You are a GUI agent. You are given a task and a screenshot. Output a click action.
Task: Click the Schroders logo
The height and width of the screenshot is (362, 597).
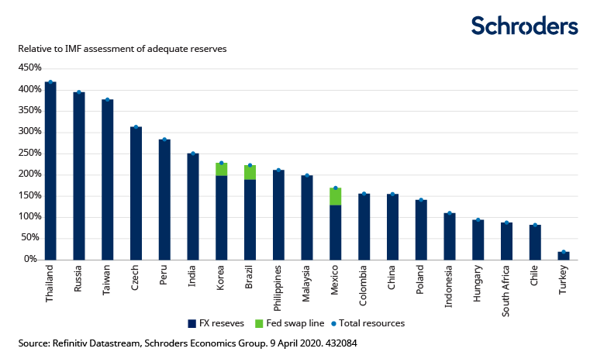pos(525,26)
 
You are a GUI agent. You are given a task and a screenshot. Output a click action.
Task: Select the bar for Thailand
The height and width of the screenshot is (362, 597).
pos(50,171)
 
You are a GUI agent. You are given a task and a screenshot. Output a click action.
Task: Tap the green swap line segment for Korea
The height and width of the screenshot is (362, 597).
pos(221,169)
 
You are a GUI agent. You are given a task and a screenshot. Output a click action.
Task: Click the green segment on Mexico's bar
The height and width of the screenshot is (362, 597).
pos(335,196)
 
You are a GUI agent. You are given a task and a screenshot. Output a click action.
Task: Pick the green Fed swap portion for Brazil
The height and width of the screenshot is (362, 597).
pos(250,172)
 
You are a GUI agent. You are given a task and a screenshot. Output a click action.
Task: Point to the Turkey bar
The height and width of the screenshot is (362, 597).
pos(563,255)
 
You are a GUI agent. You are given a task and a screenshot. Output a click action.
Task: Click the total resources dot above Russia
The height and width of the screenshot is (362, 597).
pos(78,92)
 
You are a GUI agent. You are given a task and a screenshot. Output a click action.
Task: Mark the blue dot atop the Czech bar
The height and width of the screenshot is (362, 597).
pos(136,127)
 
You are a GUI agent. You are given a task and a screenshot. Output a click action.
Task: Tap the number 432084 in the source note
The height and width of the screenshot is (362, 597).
pos(340,342)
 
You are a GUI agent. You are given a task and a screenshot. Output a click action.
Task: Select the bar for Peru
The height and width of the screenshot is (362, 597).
pos(164,199)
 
